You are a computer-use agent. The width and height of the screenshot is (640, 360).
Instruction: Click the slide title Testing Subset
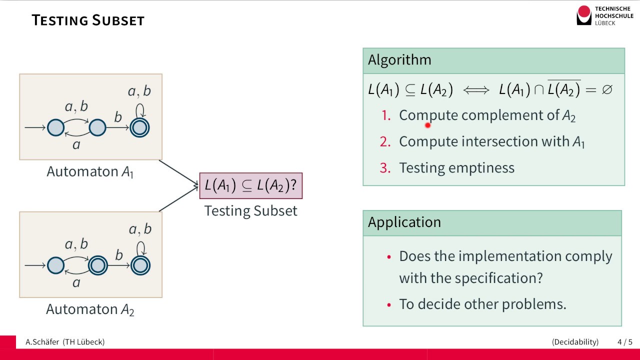tap(88, 20)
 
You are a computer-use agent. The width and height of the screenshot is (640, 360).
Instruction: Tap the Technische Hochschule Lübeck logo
tap(604, 15)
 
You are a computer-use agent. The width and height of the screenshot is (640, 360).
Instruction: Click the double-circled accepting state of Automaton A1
tap(139, 128)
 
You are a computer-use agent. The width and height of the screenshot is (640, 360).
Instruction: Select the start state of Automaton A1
tap(56, 128)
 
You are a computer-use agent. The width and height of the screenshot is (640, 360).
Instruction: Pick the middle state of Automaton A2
tap(98, 265)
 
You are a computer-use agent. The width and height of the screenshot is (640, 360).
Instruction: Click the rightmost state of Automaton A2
tap(140, 265)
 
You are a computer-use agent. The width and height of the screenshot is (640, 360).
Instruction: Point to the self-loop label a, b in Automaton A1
tap(139, 91)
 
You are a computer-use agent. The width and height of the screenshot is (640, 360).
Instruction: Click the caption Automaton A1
tap(90, 172)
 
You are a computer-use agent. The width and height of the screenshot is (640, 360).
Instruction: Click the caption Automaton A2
tap(90, 309)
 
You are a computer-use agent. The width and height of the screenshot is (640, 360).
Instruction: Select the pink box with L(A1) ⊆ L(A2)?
tap(251, 185)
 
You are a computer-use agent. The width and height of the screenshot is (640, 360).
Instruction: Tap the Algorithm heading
tap(399, 60)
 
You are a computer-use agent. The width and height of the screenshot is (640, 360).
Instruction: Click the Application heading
tap(404, 222)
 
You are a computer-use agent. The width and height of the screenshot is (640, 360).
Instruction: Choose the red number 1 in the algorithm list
tap(385, 115)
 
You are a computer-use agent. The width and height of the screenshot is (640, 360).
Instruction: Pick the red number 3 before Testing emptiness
tap(385, 167)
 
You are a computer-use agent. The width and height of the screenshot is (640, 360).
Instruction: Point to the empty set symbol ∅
tap(607, 90)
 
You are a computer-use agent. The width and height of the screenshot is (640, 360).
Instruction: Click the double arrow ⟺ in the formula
tap(476, 90)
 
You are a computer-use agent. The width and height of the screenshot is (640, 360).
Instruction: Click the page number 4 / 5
tap(624, 342)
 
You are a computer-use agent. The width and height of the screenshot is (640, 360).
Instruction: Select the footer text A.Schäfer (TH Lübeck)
tap(65, 342)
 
